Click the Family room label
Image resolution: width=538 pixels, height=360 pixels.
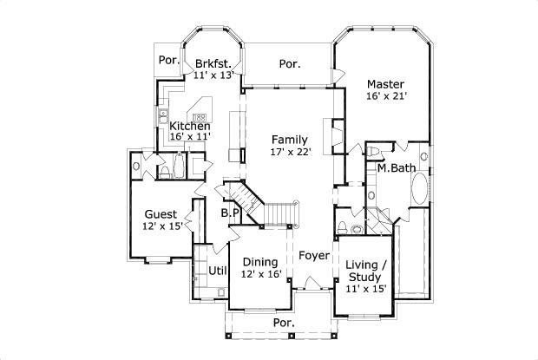(x=288, y=140)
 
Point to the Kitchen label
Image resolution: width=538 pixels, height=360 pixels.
(x=189, y=126)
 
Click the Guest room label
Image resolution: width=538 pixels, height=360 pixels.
(x=161, y=214)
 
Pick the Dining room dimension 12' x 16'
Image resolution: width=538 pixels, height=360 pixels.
(x=261, y=275)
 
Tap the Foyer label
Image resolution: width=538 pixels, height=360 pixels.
(x=313, y=256)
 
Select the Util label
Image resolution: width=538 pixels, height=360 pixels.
(x=217, y=271)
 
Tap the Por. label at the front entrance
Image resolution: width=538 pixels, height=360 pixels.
(x=284, y=322)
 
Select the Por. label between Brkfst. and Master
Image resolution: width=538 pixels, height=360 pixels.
(x=290, y=63)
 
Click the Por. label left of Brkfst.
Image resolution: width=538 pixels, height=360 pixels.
(x=167, y=61)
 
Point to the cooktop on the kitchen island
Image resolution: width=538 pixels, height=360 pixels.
(x=200, y=117)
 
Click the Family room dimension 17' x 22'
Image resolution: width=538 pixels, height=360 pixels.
(x=288, y=153)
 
